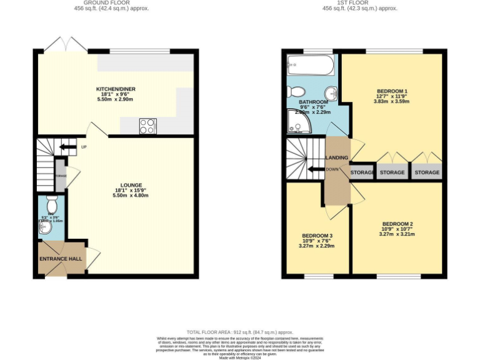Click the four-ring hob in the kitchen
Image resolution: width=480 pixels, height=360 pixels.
(x=147, y=126)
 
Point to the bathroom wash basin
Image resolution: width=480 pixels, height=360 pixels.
(x=332, y=94)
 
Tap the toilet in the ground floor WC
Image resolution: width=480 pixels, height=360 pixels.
(x=52, y=204)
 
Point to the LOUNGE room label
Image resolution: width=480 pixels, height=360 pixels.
(x=131, y=185)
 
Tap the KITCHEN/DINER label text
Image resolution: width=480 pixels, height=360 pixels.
(x=115, y=89)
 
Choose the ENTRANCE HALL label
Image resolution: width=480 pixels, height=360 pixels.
(x=61, y=259)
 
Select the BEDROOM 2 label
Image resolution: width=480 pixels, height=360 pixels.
(x=397, y=224)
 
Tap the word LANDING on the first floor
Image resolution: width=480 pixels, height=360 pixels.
(x=337, y=157)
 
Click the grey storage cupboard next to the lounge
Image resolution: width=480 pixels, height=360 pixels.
(x=60, y=176)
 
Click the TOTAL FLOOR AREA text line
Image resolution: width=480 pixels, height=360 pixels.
(x=240, y=332)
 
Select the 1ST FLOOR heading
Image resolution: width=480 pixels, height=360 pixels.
(x=359, y=2)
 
